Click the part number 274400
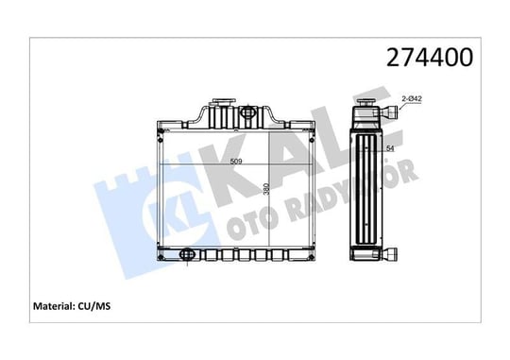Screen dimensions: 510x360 [x=430, y=57]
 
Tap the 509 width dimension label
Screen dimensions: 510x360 [x=236, y=162]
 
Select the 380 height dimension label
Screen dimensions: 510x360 [x=266, y=189]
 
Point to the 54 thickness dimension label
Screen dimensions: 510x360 [x=390, y=148]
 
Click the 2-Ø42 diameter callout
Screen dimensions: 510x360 [x=412, y=98]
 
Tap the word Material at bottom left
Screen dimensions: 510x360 [x=54, y=306]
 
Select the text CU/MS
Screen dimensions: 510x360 [x=94, y=306]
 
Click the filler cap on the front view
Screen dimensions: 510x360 [x=223, y=101]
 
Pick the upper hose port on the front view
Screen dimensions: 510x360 [x=248, y=112]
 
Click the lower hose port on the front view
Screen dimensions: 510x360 [x=187, y=254]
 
